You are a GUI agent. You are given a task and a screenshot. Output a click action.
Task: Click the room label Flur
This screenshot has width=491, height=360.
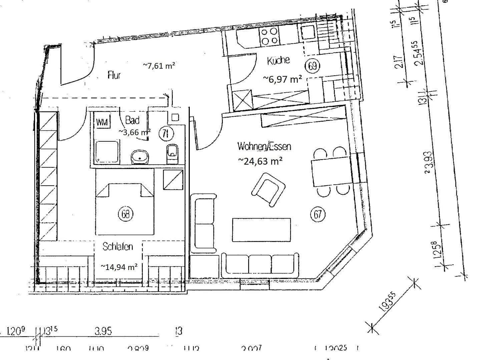tap(114, 75)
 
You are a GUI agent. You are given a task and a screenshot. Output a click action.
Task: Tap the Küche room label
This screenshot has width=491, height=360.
tap(278, 61)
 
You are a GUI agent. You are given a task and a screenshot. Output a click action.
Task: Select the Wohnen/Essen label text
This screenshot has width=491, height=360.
tap(264, 146)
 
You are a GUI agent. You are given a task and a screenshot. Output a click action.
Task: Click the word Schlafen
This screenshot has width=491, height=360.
tap(117, 247)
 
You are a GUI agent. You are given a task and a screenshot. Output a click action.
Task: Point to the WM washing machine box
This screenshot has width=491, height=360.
tap(102, 123)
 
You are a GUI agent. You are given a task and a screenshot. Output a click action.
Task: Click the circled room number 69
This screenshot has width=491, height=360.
tap(313, 66)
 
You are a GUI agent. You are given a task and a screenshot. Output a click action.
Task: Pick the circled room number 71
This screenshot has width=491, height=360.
tap(165, 134)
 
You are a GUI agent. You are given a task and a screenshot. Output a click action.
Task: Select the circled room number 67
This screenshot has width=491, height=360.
tap(318, 214)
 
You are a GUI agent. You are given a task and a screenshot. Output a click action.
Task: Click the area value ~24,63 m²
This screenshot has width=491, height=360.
tap(261, 161)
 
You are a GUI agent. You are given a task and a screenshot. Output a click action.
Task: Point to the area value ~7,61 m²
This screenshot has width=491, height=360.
tap(159, 66)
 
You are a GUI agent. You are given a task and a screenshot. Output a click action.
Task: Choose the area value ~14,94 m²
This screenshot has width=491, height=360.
tap(119, 267)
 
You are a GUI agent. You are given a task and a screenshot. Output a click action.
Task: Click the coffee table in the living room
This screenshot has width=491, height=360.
tap(261, 230)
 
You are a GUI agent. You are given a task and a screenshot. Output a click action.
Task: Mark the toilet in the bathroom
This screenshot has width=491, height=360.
tap(172, 153)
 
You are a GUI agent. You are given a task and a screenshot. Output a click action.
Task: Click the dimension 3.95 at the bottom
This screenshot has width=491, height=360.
tap(103, 331)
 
